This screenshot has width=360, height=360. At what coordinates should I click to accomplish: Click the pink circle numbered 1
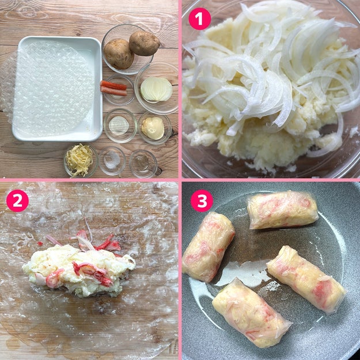pyautogui.click(x=200, y=19)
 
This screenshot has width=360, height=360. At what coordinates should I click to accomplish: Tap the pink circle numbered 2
pyautogui.click(x=17, y=200)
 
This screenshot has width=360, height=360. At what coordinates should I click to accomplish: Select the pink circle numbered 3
pyautogui.click(x=202, y=200)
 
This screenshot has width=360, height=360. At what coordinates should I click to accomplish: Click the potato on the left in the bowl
pyautogui.click(x=119, y=54)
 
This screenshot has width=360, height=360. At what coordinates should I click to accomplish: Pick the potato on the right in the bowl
pyautogui.click(x=144, y=43)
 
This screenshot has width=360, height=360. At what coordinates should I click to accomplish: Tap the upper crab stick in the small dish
pyautogui.click(x=113, y=85)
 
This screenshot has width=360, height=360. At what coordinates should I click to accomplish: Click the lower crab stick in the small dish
pyautogui.click(x=113, y=91)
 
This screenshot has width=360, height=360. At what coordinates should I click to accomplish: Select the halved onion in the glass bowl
pyautogui.click(x=156, y=89)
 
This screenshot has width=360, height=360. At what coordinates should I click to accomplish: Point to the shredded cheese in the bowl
pyautogui.click(x=79, y=160)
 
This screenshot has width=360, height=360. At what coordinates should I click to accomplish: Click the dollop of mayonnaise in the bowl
pyautogui.click(x=153, y=128)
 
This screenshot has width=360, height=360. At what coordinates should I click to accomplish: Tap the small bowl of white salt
pyautogui.click(x=112, y=161)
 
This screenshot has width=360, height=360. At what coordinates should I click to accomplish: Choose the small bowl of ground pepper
pyautogui.click(x=143, y=164)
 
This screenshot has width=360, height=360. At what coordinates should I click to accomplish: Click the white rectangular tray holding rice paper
pyautogui.click(x=57, y=89)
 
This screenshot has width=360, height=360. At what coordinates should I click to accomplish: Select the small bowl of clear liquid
pyautogui.click(x=120, y=126)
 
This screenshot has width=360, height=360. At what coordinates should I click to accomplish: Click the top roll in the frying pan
pyautogui.click(x=283, y=210)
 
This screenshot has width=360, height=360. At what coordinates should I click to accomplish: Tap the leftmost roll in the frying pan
pyautogui.click(x=209, y=247)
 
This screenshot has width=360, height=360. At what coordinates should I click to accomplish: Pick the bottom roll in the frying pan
pyautogui.click(x=252, y=312)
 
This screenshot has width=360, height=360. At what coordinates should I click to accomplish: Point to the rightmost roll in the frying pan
pyautogui.click(x=306, y=279)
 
